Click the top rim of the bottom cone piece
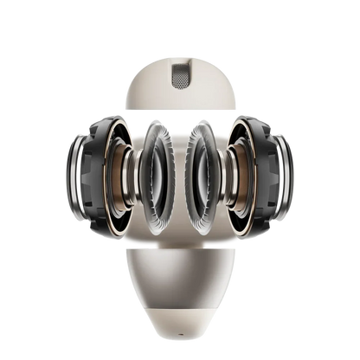[x=179, y=248]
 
